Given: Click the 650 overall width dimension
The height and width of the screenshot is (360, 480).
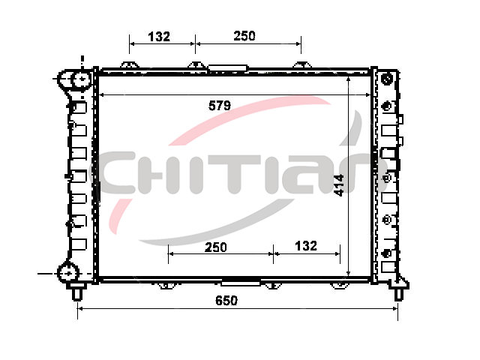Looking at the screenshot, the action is click(x=226, y=301).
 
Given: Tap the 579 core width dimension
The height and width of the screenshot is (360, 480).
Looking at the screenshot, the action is click(x=220, y=106).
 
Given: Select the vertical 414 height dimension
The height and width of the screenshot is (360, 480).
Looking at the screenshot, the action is click(x=339, y=185).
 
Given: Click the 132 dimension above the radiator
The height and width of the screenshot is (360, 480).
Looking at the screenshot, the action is click(x=159, y=37).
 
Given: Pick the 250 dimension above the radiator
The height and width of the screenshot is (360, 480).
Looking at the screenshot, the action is click(x=244, y=36).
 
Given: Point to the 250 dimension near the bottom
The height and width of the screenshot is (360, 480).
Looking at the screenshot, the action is click(x=216, y=247).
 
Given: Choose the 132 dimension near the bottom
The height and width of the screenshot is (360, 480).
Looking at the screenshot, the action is click(x=306, y=246).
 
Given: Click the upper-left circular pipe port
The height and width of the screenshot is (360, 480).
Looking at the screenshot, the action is click(x=82, y=79).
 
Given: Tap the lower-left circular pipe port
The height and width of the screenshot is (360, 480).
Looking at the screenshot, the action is click(x=68, y=272).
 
